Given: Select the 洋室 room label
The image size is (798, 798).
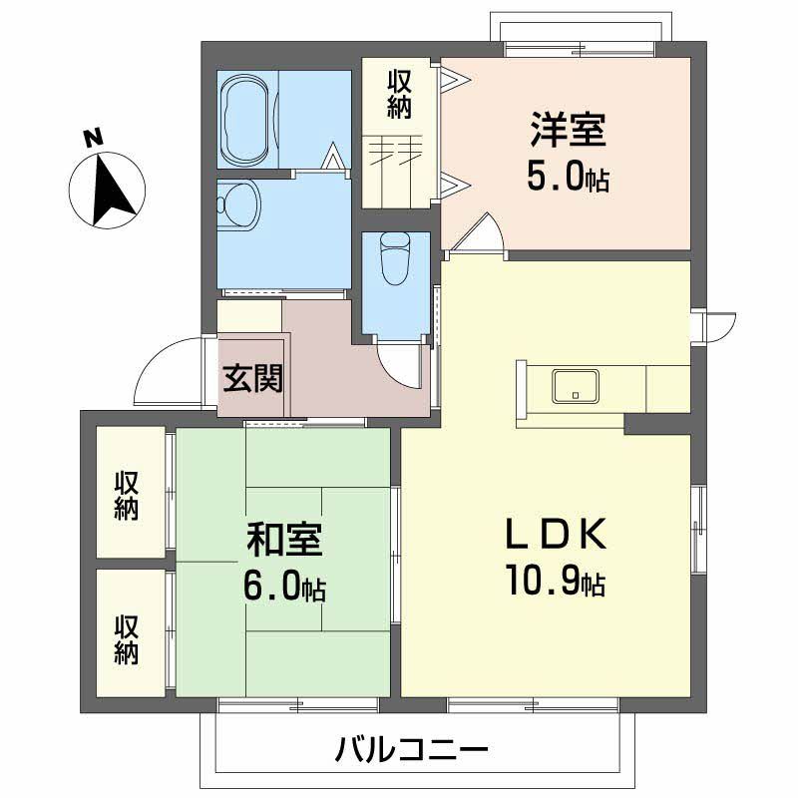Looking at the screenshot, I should (x=568, y=131).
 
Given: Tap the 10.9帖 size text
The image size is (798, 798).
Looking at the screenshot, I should (x=554, y=582).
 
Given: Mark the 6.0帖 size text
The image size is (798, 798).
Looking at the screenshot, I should (x=284, y=588).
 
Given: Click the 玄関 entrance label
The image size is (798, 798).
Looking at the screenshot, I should (x=251, y=379).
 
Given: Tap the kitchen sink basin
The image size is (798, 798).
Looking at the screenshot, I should (x=576, y=386).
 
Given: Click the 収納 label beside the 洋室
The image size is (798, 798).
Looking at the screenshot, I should (x=399, y=94).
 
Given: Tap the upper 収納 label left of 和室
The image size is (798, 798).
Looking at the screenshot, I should (x=127, y=493).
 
